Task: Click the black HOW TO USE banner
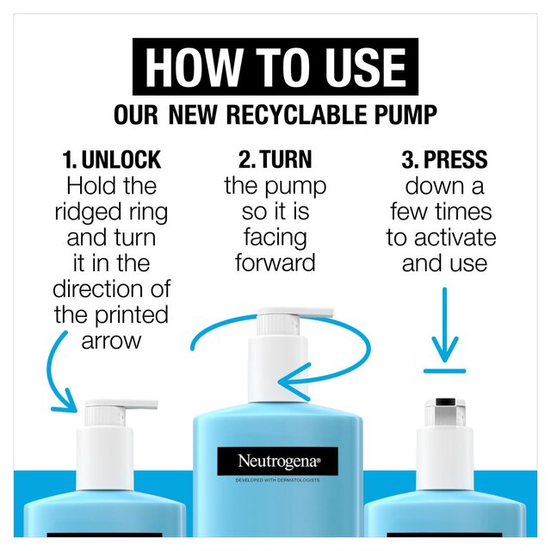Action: [275, 66]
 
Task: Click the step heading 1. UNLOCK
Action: [112, 159]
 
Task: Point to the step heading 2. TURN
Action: [275, 159]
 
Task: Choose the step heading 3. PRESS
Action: [444, 159]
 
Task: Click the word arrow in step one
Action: [111, 341]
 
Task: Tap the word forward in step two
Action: [275, 263]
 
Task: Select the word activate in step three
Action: [455, 238]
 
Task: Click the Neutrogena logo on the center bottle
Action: [277, 461]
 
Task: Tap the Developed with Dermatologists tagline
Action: [277, 480]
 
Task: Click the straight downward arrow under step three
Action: [444, 325]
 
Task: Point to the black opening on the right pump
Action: [445, 402]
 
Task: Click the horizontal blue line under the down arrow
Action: [444, 371]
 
